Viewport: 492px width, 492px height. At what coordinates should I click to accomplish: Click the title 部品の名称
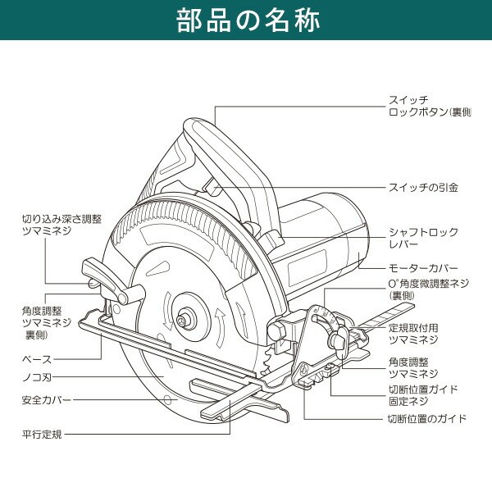coord(246,21)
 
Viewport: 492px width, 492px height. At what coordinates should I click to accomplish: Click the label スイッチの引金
coord(421,188)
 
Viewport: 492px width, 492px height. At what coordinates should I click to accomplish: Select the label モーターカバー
coord(421,268)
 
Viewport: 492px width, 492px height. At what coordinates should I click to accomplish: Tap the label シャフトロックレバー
coord(421,239)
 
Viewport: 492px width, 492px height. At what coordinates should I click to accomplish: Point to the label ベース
coord(36,359)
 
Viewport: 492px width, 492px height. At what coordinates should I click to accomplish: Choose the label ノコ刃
coord(37,380)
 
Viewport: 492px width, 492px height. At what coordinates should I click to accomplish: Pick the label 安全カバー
coord(46,400)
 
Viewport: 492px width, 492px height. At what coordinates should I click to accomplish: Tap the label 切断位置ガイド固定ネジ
coord(421,394)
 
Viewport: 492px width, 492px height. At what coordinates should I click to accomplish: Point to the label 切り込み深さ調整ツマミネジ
coord(62,225)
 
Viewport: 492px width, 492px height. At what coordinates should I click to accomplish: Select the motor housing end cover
coord(353,234)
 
